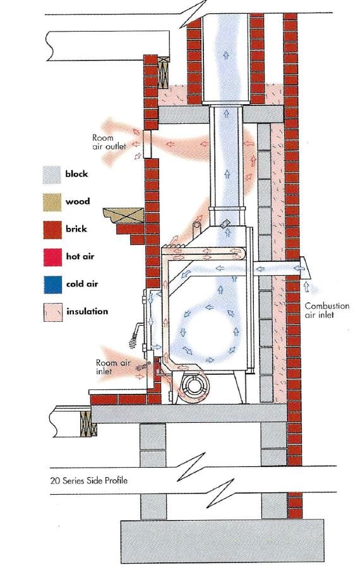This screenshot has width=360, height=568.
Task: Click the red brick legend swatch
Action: tap(52, 230)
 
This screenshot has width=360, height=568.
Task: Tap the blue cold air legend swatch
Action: tap(53, 285)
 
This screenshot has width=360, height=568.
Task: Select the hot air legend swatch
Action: tap(52, 257)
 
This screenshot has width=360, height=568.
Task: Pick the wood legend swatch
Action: tap(52, 202)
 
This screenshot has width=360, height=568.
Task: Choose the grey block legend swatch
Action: tap(52, 175)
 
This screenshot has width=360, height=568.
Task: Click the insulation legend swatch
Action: tap(53, 312)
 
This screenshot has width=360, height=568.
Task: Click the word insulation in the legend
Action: tap(87, 311)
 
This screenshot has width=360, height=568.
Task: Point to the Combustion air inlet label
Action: tap(327, 311)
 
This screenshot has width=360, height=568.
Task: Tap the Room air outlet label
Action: tap(109, 142)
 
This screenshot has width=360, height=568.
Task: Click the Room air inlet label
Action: tap(112, 367)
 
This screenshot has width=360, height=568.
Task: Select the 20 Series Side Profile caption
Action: tap(89, 481)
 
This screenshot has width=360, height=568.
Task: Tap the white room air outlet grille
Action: tap(147, 144)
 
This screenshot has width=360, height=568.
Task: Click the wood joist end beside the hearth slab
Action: tap(88, 423)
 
